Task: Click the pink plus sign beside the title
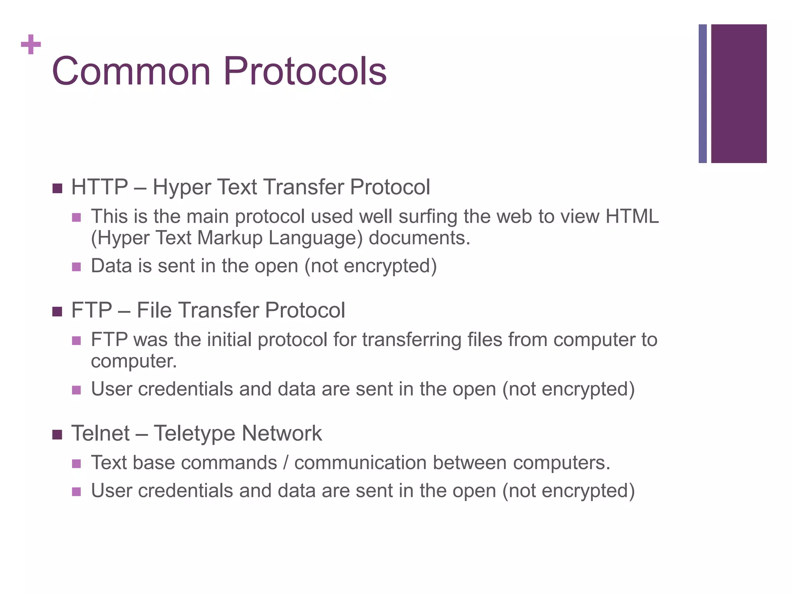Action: click(x=31, y=44)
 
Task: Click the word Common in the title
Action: click(x=131, y=72)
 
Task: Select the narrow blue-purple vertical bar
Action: click(x=702, y=94)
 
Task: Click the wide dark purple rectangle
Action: click(x=739, y=94)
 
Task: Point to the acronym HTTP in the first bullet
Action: click(x=99, y=187)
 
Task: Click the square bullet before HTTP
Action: click(x=57, y=189)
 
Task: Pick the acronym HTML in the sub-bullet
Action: click(x=632, y=217)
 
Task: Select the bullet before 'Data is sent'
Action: click(x=77, y=267)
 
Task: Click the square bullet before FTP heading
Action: click(x=57, y=312)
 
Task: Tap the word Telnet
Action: click(x=100, y=433)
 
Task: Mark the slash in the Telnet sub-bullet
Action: click(x=285, y=463)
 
